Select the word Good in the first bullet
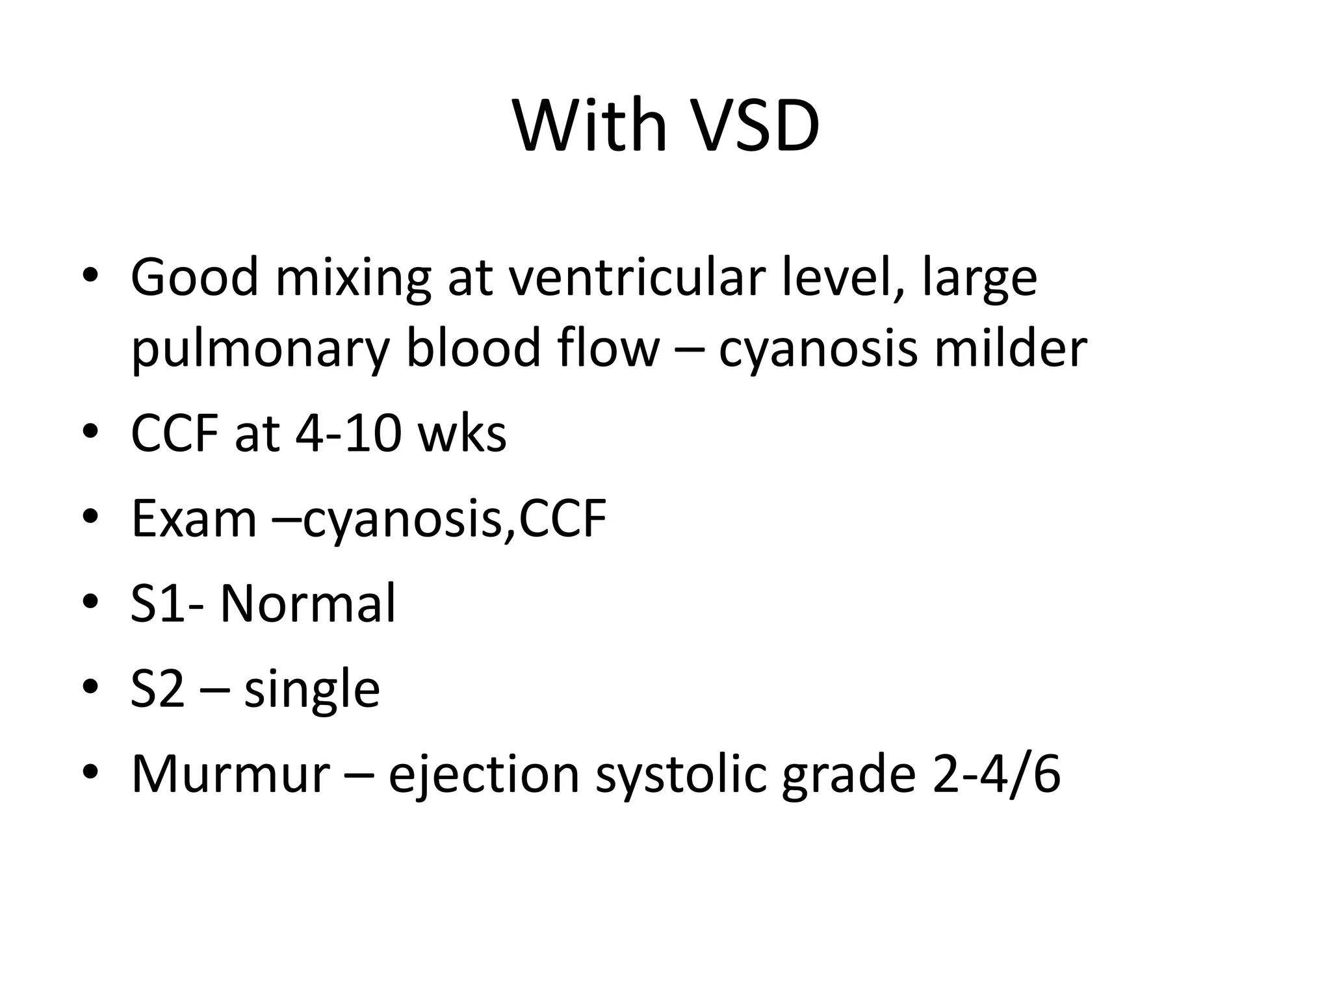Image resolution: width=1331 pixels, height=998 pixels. (x=195, y=277)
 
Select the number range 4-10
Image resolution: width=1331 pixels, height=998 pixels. (x=348, y=433)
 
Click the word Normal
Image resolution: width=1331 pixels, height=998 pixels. (x=307, y=604)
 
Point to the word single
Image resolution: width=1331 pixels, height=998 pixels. (x=312, y=690)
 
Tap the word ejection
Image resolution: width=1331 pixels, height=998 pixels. (x=484, y=775)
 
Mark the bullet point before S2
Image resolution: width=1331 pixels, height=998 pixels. (x=90, y=687)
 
